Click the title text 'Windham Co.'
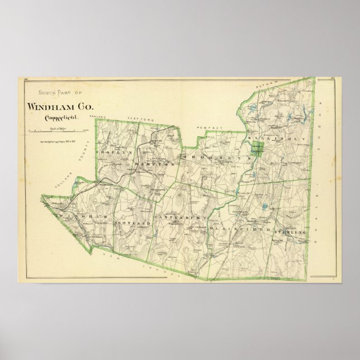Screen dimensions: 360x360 (x=60, y=107)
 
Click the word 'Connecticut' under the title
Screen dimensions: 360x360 (x=59, y=118)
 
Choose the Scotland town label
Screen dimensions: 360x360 (x=133, y=223)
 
